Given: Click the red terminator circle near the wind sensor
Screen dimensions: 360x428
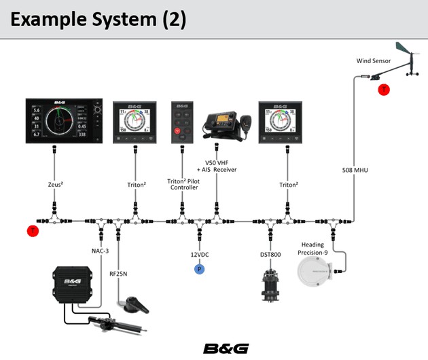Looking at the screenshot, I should click(384, 89).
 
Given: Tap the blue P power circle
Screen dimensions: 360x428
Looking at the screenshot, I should click(199, 269).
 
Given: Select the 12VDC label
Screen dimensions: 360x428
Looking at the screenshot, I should click(200, 255).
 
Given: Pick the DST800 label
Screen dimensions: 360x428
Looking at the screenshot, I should click(270, 255).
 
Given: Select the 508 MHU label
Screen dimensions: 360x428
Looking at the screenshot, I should click(355, 169).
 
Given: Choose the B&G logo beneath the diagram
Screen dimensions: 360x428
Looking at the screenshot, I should click(227, 348).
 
